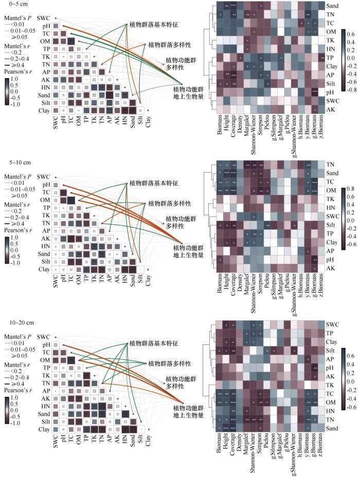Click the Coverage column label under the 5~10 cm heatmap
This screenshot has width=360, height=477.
click(x=233, y=283)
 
